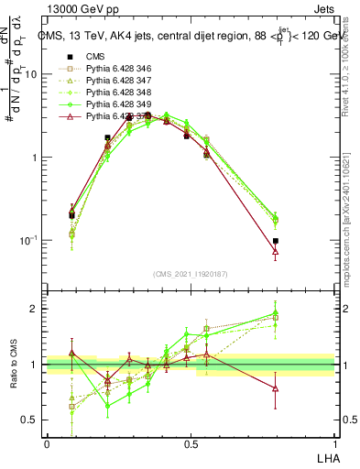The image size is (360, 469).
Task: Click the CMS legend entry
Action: click(x=96, y=57)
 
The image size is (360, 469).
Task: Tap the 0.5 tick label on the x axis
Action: click(x=191, y=443)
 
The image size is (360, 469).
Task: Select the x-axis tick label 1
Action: click(x=334, y=443)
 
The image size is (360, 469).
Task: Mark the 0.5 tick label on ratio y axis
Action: click(x=30, y=420)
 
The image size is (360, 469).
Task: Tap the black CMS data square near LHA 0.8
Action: click(x=276, y=241)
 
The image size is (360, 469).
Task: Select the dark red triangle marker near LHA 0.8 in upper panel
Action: click(x=276, y=250)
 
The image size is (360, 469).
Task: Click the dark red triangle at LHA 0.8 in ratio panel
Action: click(x=276, y=387)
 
